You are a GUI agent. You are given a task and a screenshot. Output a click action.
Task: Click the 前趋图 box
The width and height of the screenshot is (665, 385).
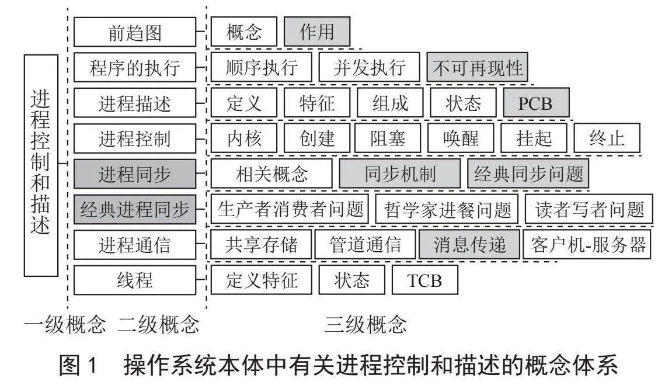click(135, 32)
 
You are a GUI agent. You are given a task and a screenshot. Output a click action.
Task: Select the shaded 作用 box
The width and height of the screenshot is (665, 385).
click(317, 32)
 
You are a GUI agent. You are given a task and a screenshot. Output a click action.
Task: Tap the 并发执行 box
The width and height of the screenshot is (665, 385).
click(370, 67)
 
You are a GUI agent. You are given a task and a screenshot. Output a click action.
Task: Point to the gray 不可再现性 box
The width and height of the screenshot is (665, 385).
click(477, 67)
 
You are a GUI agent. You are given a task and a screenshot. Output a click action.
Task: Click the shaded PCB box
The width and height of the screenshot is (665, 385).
click(536, 103)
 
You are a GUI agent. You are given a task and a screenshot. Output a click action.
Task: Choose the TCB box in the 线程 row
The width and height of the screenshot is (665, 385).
click(425, 280)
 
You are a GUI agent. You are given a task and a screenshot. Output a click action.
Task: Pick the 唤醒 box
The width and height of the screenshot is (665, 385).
click(461, 138)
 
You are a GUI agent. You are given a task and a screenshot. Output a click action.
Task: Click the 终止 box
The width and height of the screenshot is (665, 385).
click(607, 138)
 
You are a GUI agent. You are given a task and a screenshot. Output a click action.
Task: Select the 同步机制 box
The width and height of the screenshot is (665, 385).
click(400, 174)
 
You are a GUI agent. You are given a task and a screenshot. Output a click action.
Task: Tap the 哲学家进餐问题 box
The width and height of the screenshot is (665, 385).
click(447, 209)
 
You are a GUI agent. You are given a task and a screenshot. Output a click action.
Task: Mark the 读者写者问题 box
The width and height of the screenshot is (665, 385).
click(589, 209)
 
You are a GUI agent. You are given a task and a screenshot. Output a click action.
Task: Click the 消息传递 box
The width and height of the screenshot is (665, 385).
click(469, 245)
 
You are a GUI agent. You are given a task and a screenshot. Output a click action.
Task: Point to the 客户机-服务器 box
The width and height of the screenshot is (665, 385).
click(587, 245)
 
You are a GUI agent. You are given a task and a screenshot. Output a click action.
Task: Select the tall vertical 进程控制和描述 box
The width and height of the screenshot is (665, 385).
click(41, 165)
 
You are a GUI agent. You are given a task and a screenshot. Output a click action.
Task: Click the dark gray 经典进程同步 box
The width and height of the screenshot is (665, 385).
click(135, 209)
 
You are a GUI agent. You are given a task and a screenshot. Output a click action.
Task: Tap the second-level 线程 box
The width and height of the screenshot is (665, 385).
click(135, 280)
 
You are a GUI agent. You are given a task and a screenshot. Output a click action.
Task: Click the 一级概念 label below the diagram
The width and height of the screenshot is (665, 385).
click(65, 325)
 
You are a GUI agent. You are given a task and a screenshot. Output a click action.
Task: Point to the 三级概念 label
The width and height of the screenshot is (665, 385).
click(365, 325)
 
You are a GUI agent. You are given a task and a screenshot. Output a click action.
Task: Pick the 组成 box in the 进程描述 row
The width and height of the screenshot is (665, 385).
click(390, 103)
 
